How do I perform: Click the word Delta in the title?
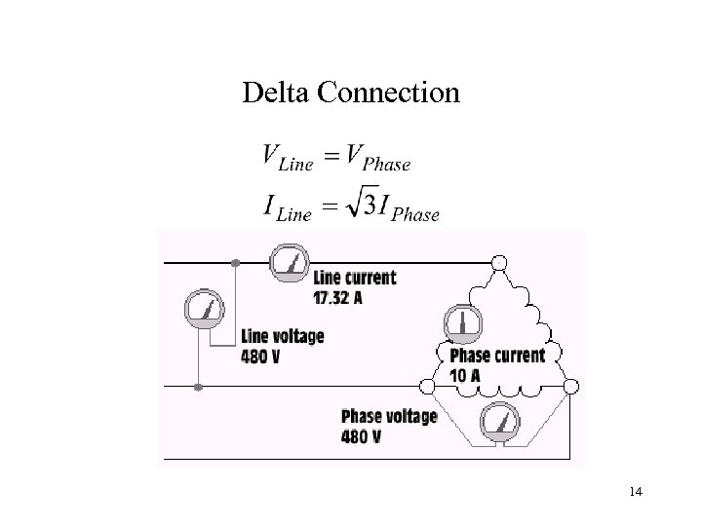click(x=273, y=93)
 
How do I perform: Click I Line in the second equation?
click(x=286, y=207)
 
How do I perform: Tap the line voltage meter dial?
click(x=206, y=311)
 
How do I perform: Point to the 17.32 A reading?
click(x=338, y=297)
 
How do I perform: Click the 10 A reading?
click(x=466, y=375)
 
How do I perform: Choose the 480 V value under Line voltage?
click(x=260, y=356)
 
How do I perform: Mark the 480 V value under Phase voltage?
click(x=361, y=436)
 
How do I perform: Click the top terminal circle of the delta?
click(x=501, y=262)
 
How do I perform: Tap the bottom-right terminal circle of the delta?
click(x=572, y=386)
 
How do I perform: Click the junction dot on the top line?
click(x=235, y=262)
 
